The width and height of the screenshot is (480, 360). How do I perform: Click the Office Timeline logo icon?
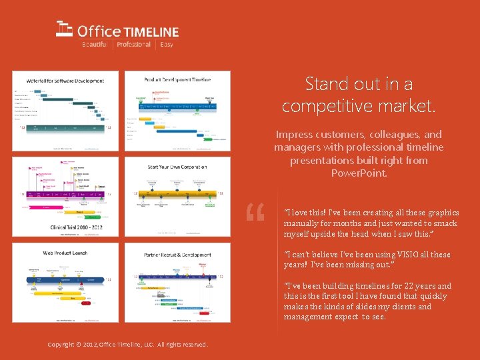click(x=64, y=29)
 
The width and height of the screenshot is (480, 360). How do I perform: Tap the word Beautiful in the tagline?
click(x=94, y=45)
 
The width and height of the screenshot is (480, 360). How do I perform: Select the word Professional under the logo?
click(x=133, y=45)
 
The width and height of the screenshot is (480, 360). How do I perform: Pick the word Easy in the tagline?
click(x=167, y=45)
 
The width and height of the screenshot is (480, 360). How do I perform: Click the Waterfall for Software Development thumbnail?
click(x=65, y=111)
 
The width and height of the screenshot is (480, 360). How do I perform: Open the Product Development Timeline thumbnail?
click(x=177, y=111)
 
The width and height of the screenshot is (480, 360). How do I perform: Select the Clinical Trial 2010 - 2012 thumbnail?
click(x=65, y=196)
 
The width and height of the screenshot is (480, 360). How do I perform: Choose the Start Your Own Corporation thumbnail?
click(x=177, y=196)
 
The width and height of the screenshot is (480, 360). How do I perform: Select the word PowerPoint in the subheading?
click(x=359, y=173)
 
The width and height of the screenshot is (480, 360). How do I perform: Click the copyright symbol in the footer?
click(x=78, y=344)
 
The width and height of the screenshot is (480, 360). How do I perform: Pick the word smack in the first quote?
click(x=446, y=223)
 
